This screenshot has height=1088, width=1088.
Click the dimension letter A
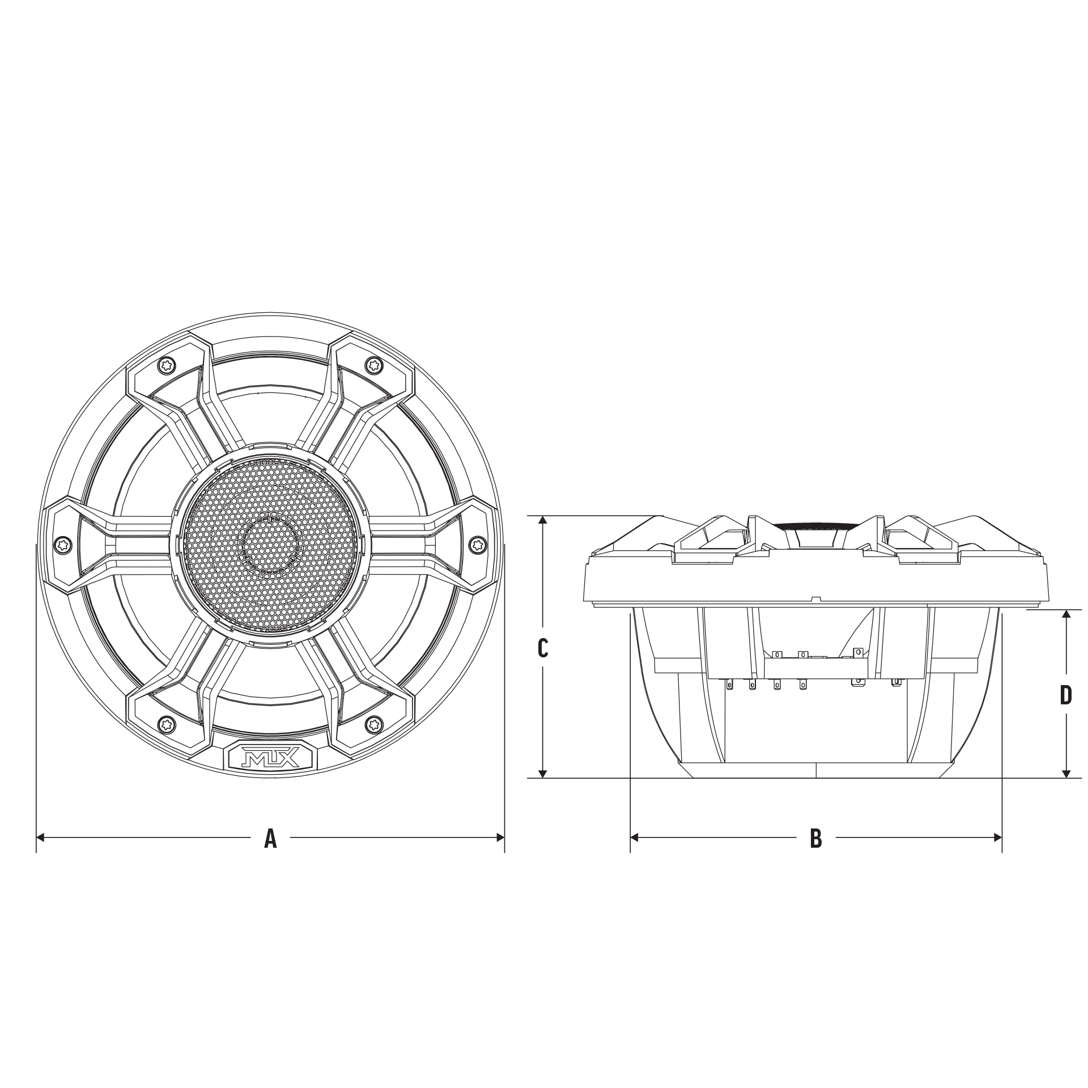pos(270,838)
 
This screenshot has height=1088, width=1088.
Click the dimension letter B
pos(815,838)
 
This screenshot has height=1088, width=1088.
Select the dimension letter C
pos(542,648)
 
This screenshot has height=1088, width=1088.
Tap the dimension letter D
pos(1066,695)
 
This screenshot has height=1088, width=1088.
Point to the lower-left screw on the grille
pos(167,723)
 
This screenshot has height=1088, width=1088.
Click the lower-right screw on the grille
pos(373,723)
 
